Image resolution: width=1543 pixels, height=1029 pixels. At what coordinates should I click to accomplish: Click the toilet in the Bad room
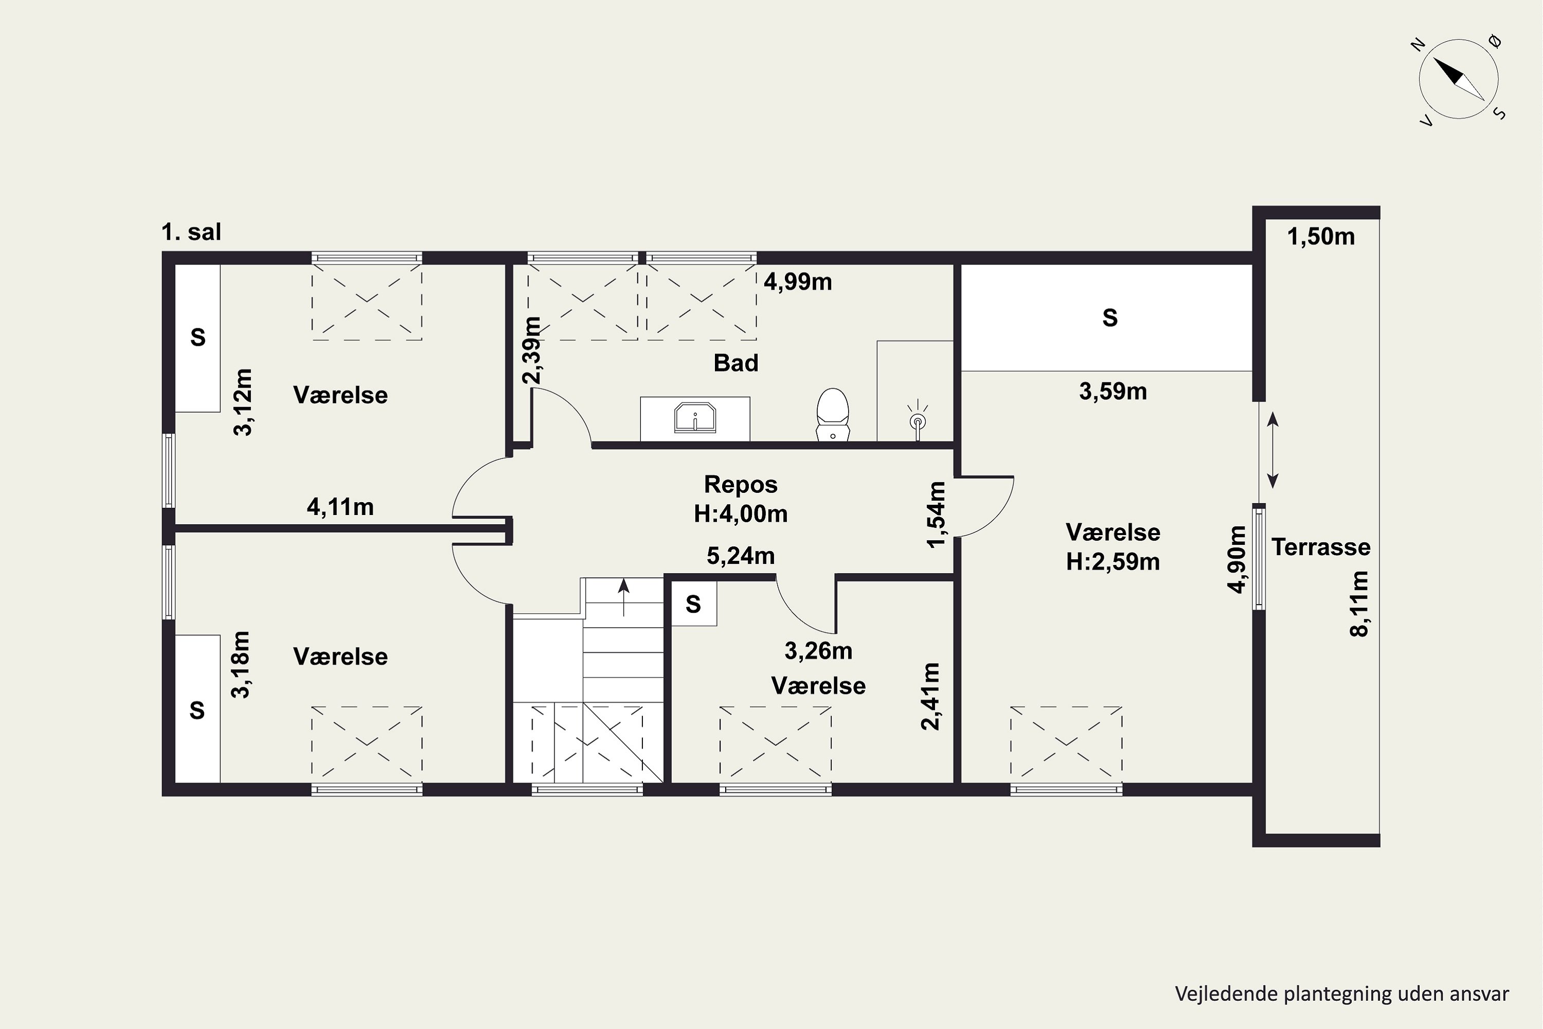(x=833, y=414)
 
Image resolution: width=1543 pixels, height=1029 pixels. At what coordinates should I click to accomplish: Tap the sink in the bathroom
(x=695, y=418)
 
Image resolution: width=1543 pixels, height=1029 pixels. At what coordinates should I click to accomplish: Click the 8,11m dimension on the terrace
(x=1359, y=604)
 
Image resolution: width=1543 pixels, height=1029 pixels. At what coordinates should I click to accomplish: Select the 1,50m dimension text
(x=1321, y=237)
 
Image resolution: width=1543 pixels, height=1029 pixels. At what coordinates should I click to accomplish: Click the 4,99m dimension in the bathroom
(x=798, y=281)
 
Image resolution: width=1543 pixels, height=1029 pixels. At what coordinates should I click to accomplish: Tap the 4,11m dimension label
(x=340, y=507)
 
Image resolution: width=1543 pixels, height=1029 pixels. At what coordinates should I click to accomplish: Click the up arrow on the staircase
(x=623, y=597)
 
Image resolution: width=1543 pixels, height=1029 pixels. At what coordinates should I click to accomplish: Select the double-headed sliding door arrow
(x=1272, y=450)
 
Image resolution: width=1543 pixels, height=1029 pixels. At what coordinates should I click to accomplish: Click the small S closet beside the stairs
(x=693, y=604)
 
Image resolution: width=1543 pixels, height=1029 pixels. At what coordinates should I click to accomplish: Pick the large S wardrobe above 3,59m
(x=1107, y=317)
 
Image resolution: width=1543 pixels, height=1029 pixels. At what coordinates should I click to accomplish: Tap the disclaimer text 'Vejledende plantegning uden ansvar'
(x=1341, y=994)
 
